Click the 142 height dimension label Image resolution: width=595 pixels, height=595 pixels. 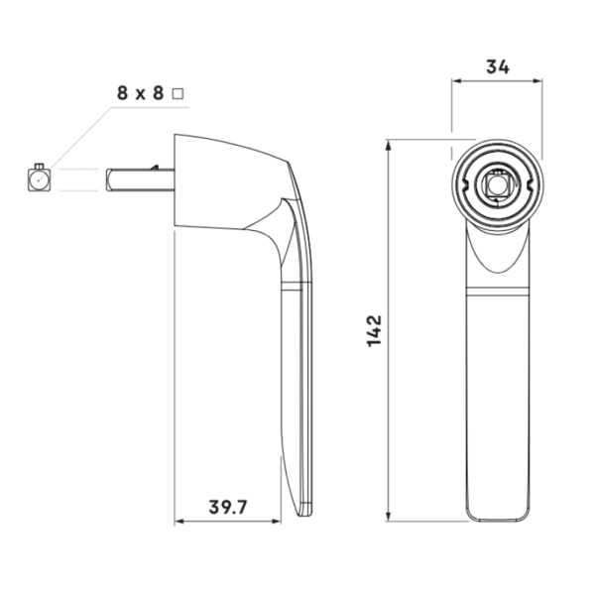(374, 330)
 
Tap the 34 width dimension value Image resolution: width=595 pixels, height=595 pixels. (498, 67)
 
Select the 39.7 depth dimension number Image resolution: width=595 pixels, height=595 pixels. (228, 507)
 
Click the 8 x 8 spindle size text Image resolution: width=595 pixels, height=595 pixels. (140, 93)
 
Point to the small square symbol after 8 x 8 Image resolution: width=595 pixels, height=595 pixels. (178, 94)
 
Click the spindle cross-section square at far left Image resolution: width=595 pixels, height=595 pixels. (39, 179)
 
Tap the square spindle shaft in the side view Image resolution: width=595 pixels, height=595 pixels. (140, 179)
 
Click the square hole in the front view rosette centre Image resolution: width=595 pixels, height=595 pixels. (496, 184)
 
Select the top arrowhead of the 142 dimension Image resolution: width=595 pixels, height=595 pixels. (388, 145)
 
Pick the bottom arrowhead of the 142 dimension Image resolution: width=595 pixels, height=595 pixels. (388, 516)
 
